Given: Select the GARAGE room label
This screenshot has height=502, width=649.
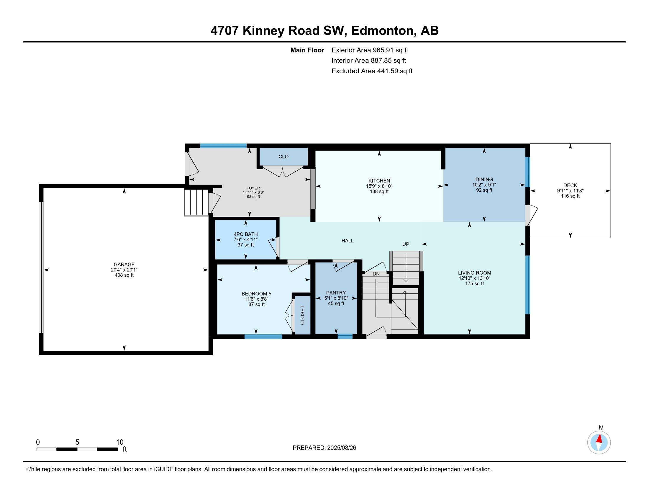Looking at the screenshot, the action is tap(124, 264).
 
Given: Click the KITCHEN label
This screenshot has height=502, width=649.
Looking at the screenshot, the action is tap(379, 181).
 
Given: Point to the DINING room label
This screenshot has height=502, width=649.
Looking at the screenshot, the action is tap(484, 180).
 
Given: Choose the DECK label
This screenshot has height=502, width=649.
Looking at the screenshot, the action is tap(570, 185).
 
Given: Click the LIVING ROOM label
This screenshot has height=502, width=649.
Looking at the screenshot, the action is tap(475, 273).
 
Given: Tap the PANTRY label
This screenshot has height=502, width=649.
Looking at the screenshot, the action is tap(336, 293).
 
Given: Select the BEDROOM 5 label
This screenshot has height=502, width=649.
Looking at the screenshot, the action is tap(256, 294).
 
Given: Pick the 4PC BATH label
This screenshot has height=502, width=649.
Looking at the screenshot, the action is tap(246, 234).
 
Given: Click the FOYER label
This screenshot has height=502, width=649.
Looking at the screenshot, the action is tap(253, 188).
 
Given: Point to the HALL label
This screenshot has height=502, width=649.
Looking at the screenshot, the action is tap(348, 241).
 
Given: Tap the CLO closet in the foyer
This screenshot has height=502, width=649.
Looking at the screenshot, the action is tap(283, 157).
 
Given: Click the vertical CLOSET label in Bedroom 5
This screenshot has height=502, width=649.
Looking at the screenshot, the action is tap(302, 315).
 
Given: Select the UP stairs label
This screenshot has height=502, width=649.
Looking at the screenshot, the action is tap(406, 244).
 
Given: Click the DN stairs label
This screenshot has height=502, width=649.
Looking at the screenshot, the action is tap(376, 274).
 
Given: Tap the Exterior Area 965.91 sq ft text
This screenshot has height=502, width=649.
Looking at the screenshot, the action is tap(370, 50).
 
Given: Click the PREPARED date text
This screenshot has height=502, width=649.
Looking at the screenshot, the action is tap(324, 448).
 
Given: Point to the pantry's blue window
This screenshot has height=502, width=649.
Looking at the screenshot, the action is tap(345, 336).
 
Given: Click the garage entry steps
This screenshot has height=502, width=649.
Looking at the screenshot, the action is tap(196, 202).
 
